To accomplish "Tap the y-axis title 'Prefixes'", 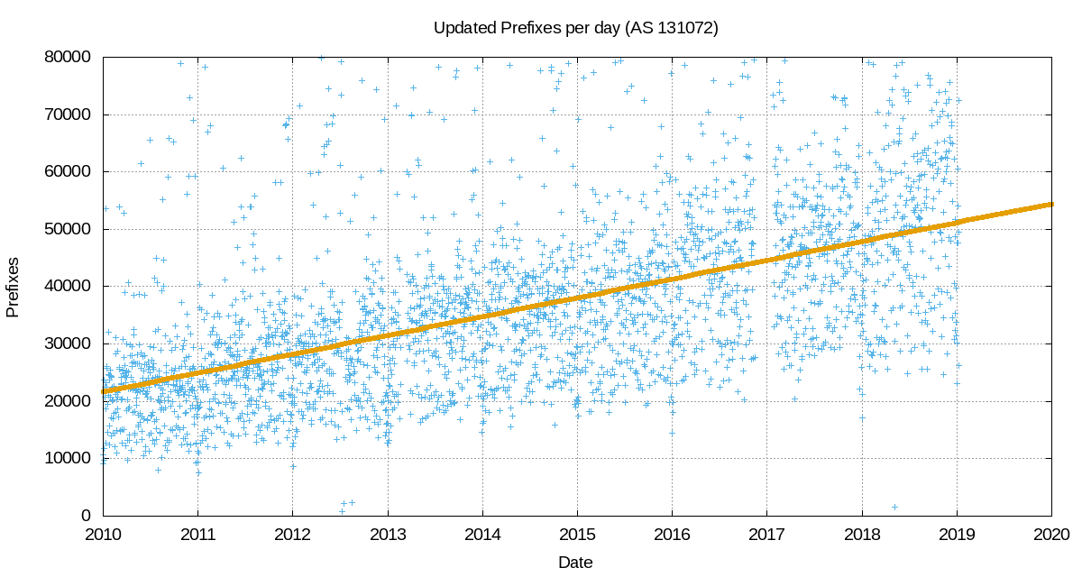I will coord(13,287).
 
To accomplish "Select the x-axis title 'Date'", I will coord(575,563).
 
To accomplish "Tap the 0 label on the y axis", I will coord(87,516).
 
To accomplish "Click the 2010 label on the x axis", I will coord(103,534).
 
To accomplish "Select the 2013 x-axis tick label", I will coord(388,534).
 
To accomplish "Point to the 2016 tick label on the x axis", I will coord(672,534).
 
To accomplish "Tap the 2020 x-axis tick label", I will coord(1051,534).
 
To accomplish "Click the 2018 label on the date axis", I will coord(862,534).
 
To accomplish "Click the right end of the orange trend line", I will coord(1050,204).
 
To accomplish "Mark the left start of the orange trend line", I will coord(104,391).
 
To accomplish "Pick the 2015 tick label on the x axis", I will coord(577,534).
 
